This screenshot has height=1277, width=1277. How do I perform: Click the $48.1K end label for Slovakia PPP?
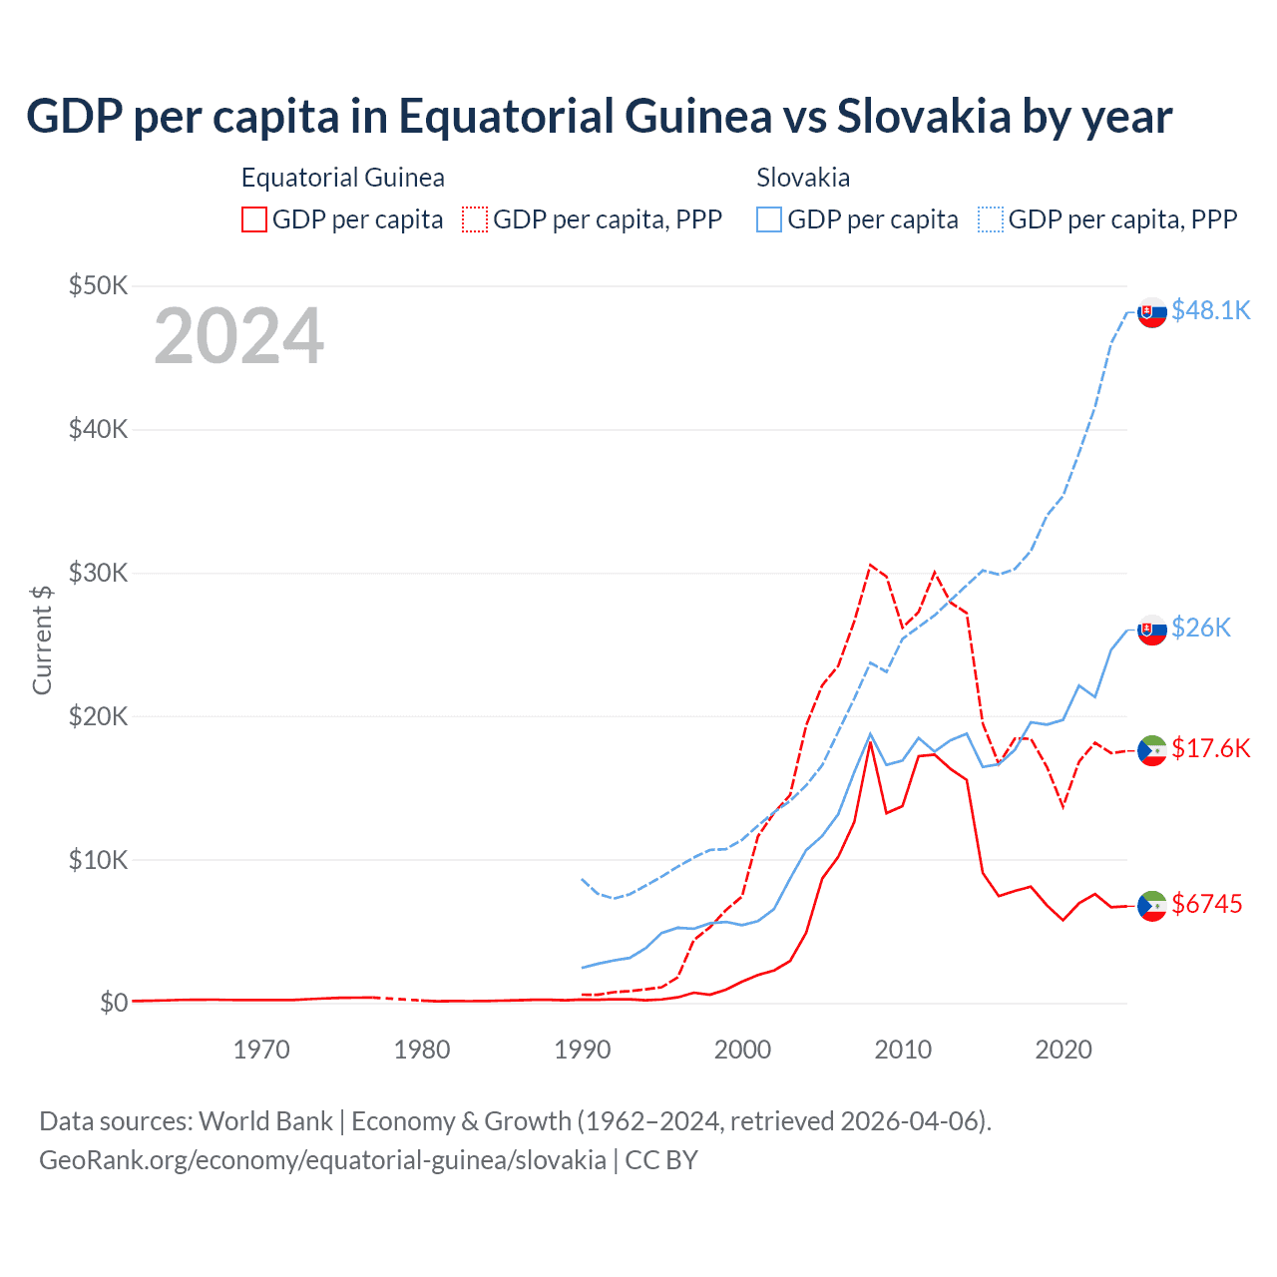click(x=1210, y=310)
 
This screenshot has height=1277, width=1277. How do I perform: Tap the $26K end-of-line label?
click(x=1200, y=628)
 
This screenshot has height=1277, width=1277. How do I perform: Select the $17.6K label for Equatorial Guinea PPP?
click(x=1210, y=748)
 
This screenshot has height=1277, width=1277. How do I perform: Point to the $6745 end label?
click(x=1206, y=904)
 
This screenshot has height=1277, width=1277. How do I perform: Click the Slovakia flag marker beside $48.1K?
click(x=1152, y=312)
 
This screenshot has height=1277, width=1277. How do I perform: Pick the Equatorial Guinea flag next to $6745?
click(x=1152, y=906)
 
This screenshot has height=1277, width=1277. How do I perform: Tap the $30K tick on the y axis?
click(x=98, y=573)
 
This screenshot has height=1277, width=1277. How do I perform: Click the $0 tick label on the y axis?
click(x=114, y=1003)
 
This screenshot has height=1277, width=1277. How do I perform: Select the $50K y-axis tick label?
click(x=98, y=286)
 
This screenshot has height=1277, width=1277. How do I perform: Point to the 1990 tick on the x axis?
click(x=583, y=1050)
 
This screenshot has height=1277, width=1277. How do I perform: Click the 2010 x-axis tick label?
click(x=903, y=1050)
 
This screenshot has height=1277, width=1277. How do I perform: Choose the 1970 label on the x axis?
click(x=261, y=1050)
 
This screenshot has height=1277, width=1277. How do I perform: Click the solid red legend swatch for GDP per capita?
click(x=254, y=219)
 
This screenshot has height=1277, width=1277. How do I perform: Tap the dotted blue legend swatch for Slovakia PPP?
click(x=991, y=219)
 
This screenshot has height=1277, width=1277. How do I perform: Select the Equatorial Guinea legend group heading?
click(x=342, y=178)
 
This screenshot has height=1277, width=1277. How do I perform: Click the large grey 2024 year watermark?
click(x=238, y=337)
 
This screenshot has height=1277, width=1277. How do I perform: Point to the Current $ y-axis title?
click(x=42, y=639)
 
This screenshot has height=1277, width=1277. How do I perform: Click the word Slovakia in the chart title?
click(x=923, y=116)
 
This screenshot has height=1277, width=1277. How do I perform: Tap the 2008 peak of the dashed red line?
click(x=870, y=565)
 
